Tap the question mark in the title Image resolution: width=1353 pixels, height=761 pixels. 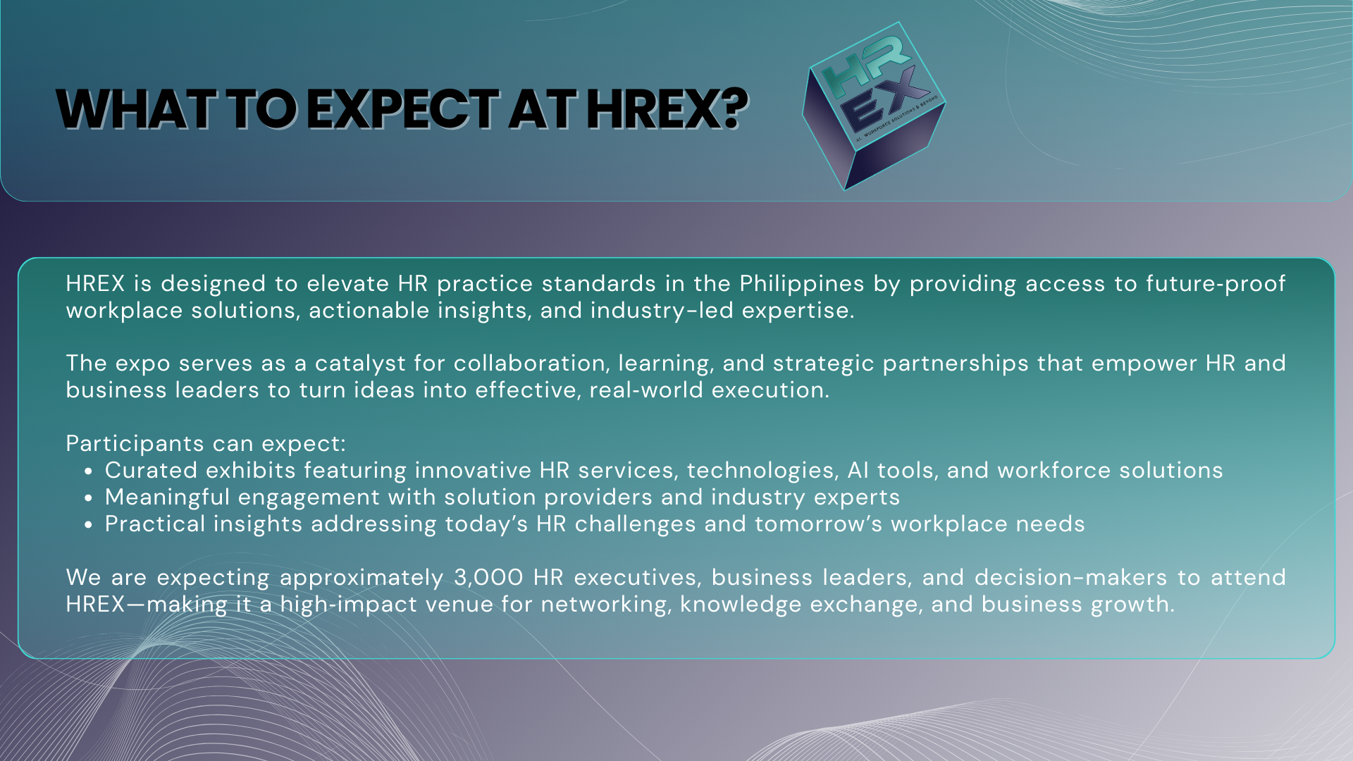pos(735,110)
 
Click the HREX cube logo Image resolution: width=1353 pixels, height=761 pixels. pos(874,106)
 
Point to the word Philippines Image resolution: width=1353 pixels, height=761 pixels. pos(802,284)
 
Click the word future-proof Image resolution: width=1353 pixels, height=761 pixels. pos(1216,284)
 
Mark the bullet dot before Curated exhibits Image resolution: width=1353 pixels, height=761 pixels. pos(88,471)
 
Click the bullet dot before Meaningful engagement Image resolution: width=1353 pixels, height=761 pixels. pos(88,498)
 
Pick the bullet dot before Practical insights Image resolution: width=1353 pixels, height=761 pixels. pos(88,525)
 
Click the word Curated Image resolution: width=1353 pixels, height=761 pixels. pos(151,471)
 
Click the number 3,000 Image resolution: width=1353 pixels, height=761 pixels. pos(488,578)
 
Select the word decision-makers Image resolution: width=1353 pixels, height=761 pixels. pos(1071,578)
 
